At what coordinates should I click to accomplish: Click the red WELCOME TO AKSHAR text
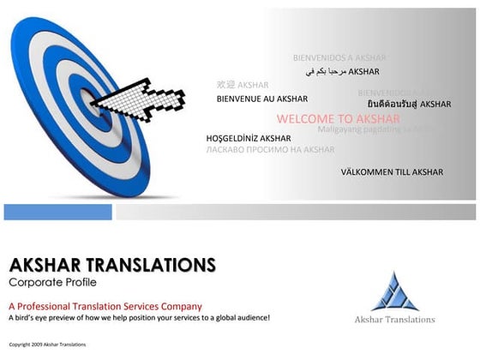339,118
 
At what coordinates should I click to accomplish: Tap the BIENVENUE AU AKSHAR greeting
257,99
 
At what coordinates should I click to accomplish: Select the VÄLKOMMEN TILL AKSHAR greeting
392,171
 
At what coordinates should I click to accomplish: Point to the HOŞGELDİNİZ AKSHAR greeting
249,138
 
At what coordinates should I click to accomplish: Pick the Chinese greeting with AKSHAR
243,85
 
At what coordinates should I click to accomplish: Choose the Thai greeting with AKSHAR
409,104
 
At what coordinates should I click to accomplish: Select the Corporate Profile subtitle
52,281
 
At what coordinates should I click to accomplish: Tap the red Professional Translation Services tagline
105,305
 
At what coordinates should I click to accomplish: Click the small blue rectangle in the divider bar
57,211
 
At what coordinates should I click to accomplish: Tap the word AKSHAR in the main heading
42,263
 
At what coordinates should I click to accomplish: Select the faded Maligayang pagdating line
369,129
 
